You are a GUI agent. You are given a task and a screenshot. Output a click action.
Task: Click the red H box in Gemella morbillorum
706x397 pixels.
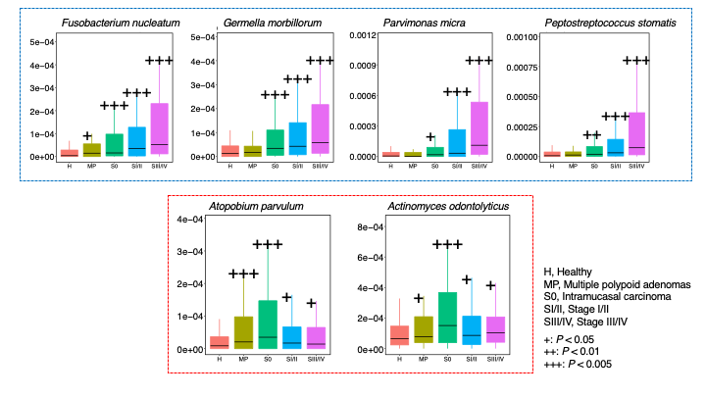229,152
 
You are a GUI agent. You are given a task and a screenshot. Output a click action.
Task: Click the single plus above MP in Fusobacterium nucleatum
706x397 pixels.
87,136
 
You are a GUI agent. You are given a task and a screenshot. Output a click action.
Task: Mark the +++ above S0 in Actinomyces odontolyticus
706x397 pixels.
446,244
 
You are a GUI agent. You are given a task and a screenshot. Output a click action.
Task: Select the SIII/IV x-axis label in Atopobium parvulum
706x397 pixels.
314,359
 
